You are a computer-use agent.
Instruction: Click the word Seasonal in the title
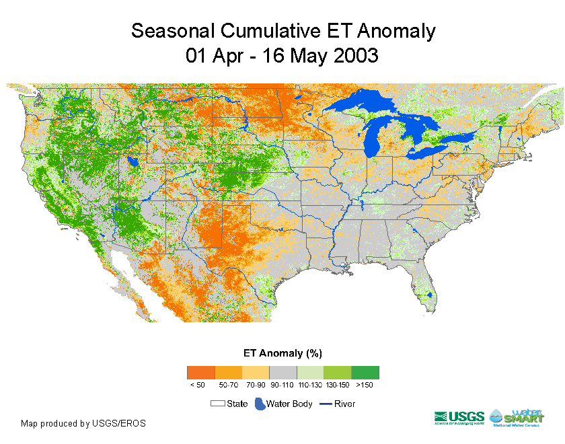pyautogui.click(x=171, y=31)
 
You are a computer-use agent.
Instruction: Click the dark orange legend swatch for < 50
pyautogui.click(x=200, y=372)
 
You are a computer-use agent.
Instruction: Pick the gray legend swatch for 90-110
pyautogui.click(x=282, y=372)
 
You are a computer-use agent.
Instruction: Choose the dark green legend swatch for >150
pyautogui.click(x=365, y=372)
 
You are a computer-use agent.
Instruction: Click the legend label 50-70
pyautogui.click(x=227, y=385)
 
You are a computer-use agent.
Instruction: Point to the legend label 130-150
pyautogui.click(x=337, y=385)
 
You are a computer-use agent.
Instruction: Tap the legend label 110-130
pyautogui.click(x=309, y=385)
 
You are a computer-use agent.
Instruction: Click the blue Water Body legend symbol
pyautogui.click(x=260, y=404)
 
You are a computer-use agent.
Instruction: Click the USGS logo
pyautogui.click(x=459, y=418)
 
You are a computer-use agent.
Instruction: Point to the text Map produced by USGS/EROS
pyautogui.click(x=83, y=423)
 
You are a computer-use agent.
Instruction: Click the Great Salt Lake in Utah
pyautogui.click(x=133, y=162)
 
